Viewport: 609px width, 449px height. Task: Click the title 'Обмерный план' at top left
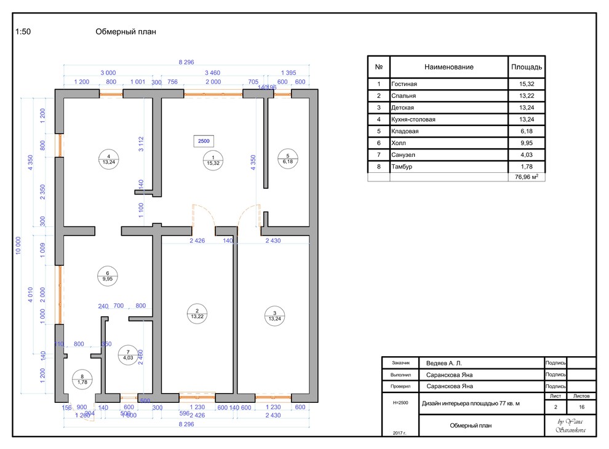click(125, 33)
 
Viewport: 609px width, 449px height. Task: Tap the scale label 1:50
click(23, 33)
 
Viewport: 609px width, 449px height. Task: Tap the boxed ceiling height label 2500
click(204, 141)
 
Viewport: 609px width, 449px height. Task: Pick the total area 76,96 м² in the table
click(526, 177)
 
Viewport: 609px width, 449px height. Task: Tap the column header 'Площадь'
click(526, 66)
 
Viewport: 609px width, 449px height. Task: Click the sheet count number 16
click(581, 407)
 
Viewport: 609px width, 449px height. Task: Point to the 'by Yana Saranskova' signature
click(570, 426)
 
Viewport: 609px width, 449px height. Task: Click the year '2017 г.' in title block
click(399, 433)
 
